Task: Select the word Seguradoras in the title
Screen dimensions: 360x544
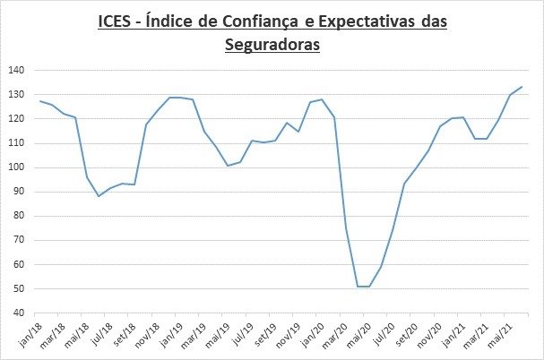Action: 272,43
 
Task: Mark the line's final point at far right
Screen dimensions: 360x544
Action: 522,87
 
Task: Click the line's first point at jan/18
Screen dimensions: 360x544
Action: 40,101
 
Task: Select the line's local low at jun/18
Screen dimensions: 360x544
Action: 99,195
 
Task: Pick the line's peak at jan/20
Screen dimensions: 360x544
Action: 322,99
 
